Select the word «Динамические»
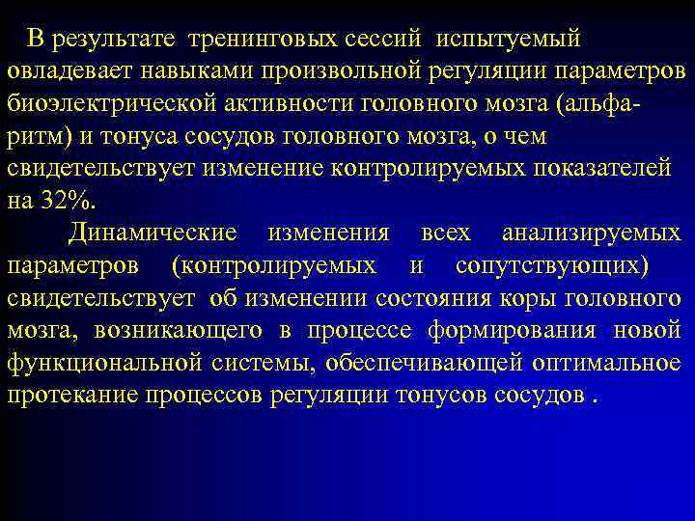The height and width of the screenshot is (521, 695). [153, 233]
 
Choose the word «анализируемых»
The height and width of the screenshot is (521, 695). [591, 233]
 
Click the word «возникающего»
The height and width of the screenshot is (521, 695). [179, 331]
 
